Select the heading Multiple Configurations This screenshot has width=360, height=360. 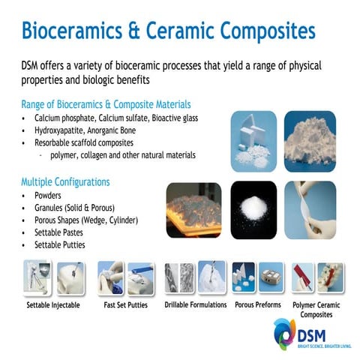coord(66,181)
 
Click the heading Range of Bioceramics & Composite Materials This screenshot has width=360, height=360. coord(106,104)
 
